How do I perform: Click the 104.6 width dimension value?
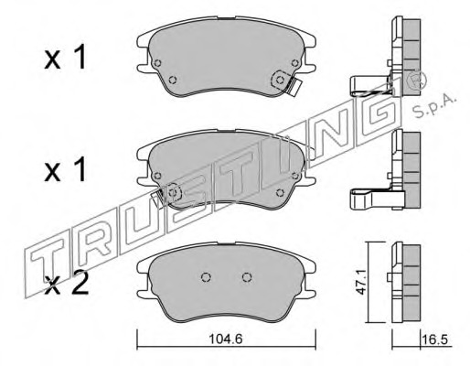coord(226,339)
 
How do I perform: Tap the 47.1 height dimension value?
coord(361,282)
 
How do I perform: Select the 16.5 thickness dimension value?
coord(436,339)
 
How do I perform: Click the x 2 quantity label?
coord(66,283)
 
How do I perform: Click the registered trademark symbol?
coord(416,80)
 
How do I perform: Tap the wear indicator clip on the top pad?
coord(294,87)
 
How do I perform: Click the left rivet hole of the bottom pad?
coord(206,277)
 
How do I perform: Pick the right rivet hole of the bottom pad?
coord(247,277)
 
